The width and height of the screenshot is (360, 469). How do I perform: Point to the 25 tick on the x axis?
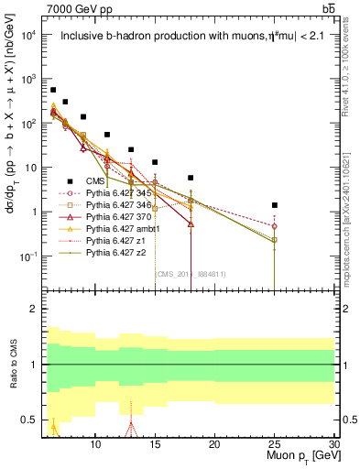[274, 442]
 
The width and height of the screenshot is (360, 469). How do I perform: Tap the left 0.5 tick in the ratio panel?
[31, 420]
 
